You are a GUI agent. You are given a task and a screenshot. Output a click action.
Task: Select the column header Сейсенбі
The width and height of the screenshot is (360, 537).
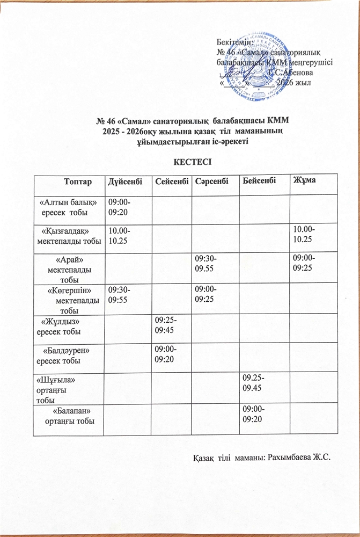click(171, 182)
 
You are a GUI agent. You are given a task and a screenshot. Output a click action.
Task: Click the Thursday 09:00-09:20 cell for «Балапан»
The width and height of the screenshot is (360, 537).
click(254, 413)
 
